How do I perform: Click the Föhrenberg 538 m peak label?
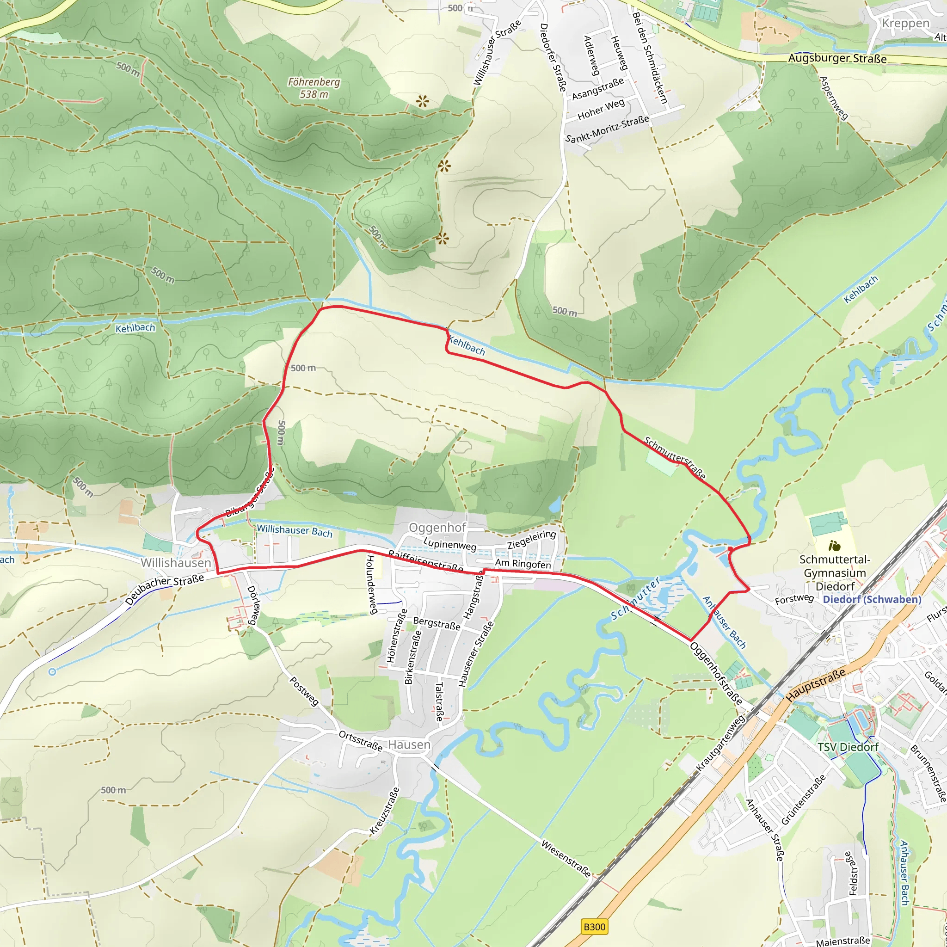point(314,88)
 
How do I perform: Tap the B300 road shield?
point(595,927)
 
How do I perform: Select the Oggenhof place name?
point(437,528)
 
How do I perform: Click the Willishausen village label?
point(175,563)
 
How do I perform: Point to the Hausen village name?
point(409,744)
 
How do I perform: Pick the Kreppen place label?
point(905,24)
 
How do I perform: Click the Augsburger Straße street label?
point(837,58)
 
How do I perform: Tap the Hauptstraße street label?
point(816,684)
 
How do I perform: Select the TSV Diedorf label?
point(848,747)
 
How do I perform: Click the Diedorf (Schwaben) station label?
point(872,599)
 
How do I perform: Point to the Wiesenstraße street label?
point(566,858)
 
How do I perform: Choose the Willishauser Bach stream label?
point(295,531)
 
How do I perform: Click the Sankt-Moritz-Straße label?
point(607,129)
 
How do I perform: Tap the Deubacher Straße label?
point(164,589)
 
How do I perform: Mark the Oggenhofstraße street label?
point(716,673)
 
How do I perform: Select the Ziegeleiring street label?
point(531,539)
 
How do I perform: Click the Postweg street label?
point(304,691)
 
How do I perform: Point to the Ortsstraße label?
point(360,741)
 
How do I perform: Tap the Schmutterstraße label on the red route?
point(675,458)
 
